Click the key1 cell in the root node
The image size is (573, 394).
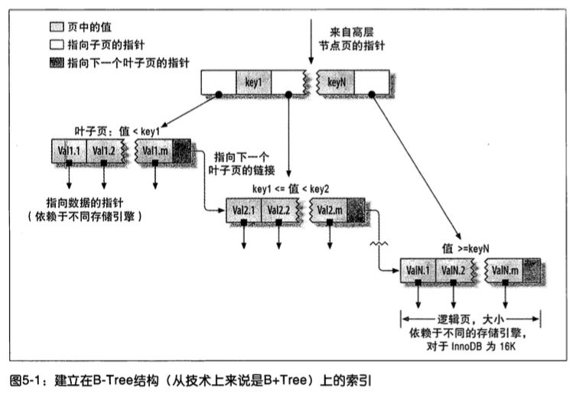254,82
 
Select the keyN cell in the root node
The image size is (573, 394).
337,82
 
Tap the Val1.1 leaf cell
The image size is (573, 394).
69,151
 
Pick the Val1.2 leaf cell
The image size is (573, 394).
104,151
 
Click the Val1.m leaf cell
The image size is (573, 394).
155,151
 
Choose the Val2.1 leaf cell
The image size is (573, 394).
244,210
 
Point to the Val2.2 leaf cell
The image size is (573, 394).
278,210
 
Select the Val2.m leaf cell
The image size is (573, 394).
329,210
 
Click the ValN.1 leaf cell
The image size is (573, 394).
418,271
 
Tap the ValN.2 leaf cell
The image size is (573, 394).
454,271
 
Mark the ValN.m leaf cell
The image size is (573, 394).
504,271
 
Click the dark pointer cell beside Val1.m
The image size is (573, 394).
181,151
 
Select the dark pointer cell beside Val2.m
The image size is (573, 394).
356,210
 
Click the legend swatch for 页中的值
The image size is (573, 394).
57,27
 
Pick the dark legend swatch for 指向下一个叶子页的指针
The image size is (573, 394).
57,63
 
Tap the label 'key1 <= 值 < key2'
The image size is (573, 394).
291,189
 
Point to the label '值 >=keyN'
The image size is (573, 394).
466,249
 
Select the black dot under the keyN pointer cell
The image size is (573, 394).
372,95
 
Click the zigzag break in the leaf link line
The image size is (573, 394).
379,243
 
